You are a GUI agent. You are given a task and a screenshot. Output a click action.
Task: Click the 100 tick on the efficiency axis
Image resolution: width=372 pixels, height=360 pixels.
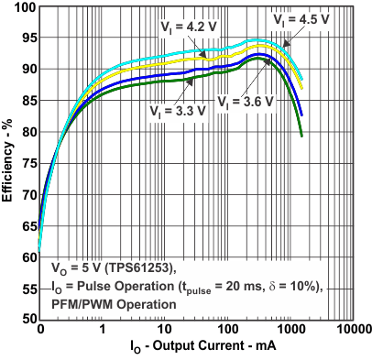click(x=22, y=7)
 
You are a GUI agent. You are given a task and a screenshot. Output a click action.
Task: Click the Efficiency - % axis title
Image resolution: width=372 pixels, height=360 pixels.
click(x=8, y=162)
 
